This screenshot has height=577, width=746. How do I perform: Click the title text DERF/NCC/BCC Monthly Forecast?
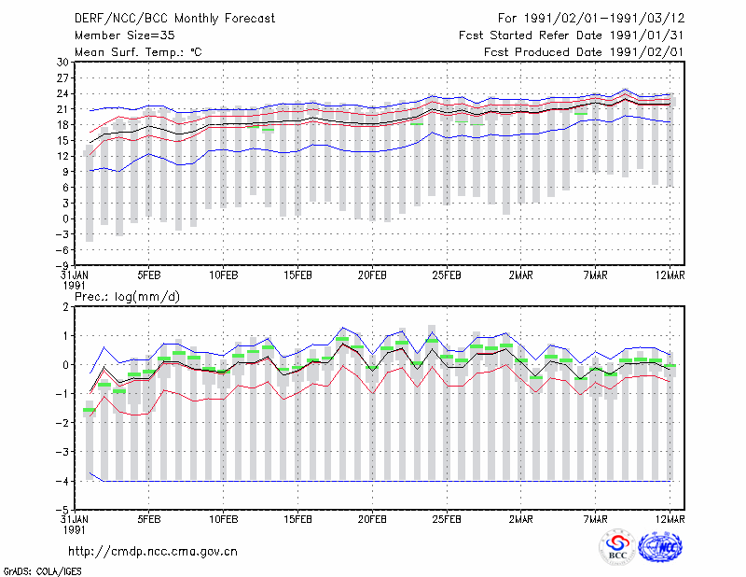pos(174,19)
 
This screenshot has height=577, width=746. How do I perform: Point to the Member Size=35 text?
pos(125,35)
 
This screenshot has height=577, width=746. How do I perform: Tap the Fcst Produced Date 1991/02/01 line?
pos(584,52)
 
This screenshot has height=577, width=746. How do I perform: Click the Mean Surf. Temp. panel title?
pos(138,52)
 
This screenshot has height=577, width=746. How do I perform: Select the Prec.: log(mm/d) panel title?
pos(127,297)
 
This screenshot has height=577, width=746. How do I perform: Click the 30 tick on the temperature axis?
pos(62,62)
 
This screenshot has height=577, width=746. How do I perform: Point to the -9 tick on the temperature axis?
pos(62,265)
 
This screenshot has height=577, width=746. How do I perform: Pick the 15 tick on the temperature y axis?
pos(62,141)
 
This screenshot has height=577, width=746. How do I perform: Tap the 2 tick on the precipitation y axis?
pos(65,307)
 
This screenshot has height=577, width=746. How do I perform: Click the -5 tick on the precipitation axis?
pos(62,510)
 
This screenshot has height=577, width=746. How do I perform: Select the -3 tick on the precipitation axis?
pos(62,452)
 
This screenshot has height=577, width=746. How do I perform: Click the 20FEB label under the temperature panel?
pos(372,275)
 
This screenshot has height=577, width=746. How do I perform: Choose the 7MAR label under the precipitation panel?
pos(595,519)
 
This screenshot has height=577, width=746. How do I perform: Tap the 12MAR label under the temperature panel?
pos(670,275)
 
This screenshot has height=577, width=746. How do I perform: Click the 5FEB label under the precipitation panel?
pos(149,519)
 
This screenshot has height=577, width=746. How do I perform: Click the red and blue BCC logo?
pos(617,547)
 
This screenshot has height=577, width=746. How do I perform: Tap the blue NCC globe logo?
pos(660,547)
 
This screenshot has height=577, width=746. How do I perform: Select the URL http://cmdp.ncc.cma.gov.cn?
pos(153,552)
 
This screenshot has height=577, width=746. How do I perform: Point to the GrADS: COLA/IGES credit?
pos(42,571)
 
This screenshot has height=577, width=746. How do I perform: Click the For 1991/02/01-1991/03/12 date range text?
pos(591,19)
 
